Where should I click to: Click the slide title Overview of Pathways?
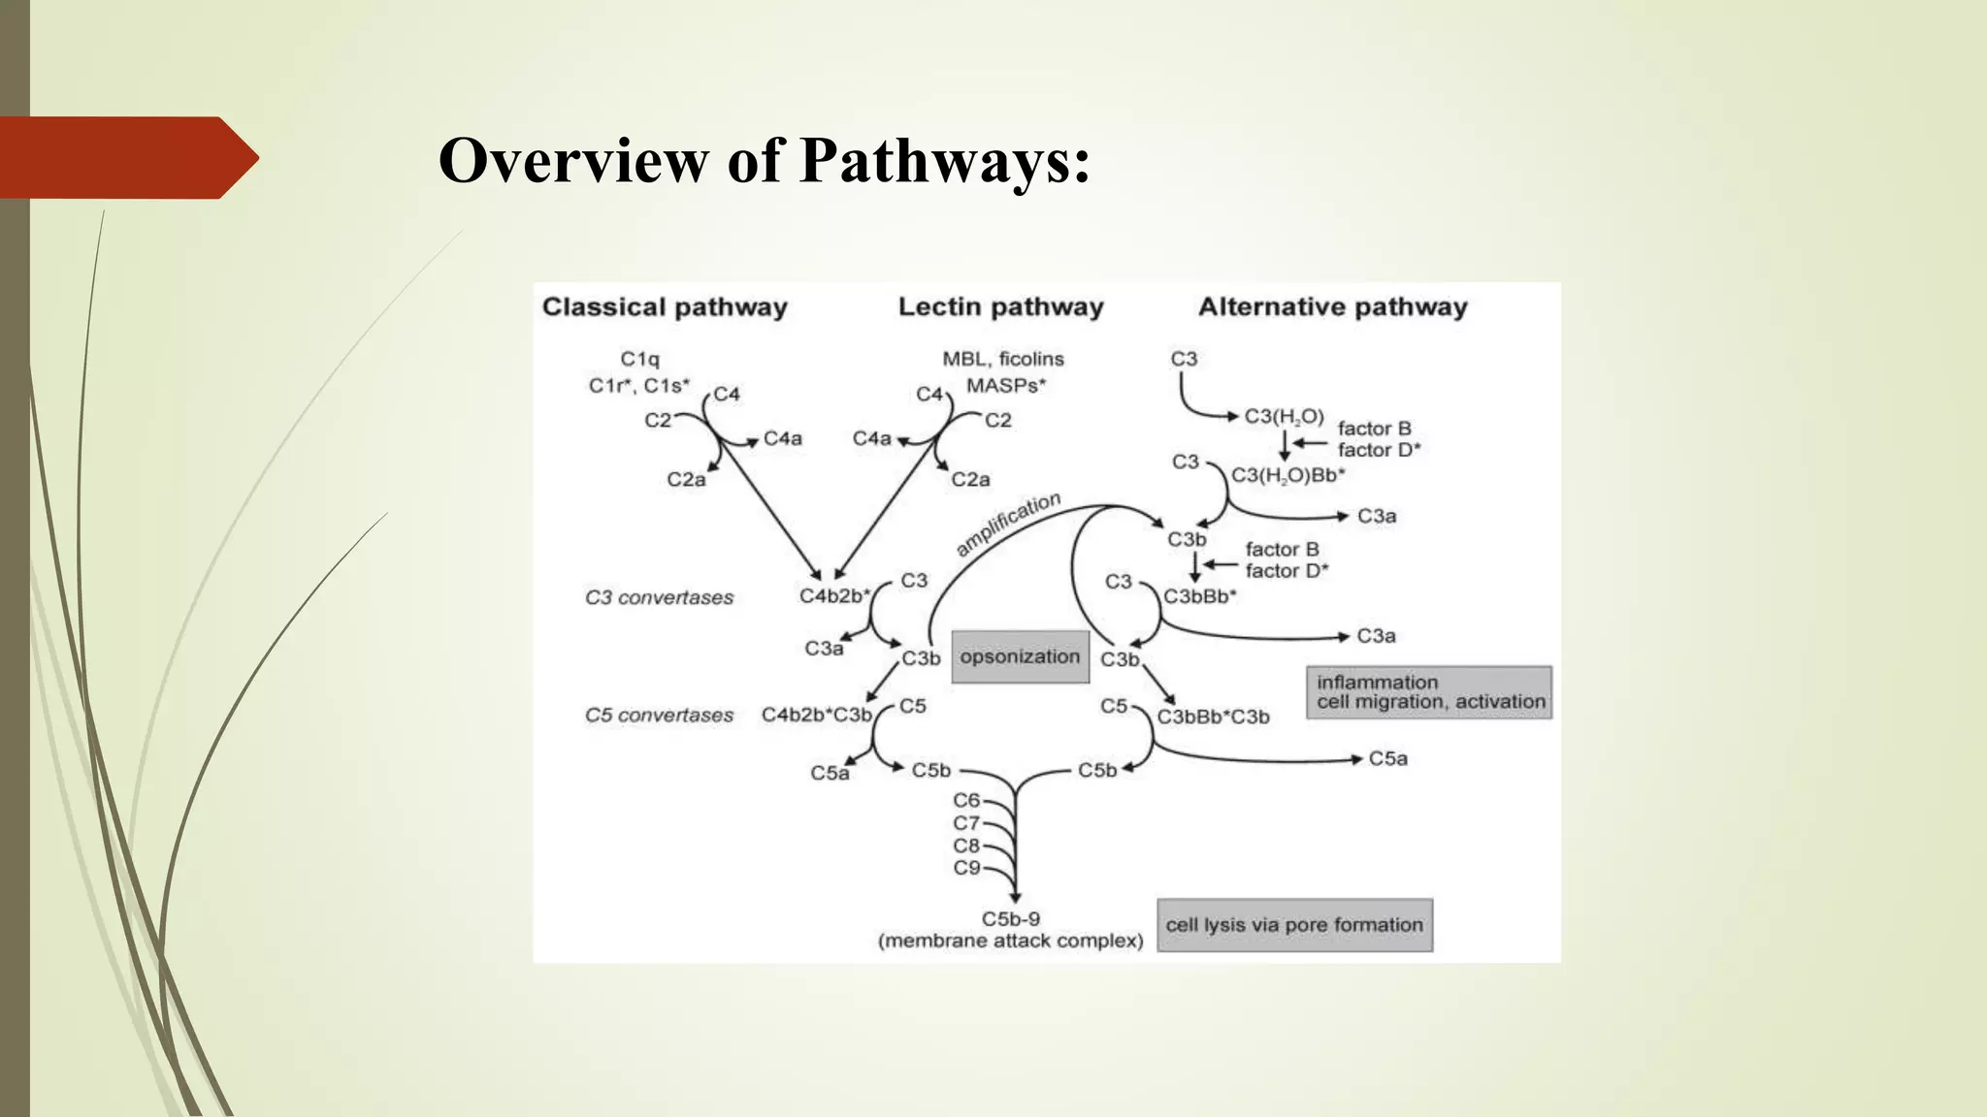764,160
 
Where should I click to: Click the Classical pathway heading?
665,307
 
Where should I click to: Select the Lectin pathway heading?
1000,307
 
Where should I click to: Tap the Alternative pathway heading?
1332,307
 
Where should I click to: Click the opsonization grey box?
1020,656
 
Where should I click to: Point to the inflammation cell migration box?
1429,692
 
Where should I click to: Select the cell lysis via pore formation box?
1294,925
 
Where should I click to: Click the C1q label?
639,359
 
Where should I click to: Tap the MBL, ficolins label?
1003,359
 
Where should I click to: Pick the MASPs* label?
1006,386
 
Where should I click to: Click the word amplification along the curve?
1008,524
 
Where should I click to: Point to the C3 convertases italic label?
659,597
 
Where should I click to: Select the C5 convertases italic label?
659,716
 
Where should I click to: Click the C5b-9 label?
1010,918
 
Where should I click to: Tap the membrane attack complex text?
1010,941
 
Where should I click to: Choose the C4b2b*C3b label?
816,716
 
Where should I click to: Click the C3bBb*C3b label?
1213,718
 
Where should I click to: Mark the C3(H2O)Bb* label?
1287,475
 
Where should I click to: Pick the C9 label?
966,868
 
